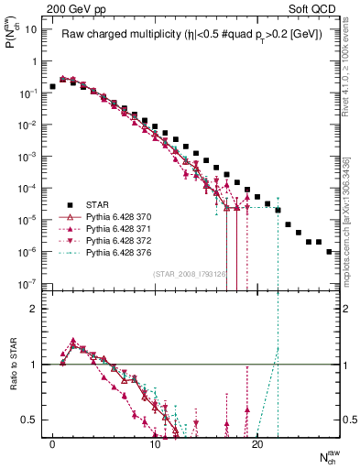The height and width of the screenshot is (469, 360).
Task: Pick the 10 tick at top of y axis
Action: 31,29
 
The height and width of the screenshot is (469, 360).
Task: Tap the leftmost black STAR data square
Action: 52,86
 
